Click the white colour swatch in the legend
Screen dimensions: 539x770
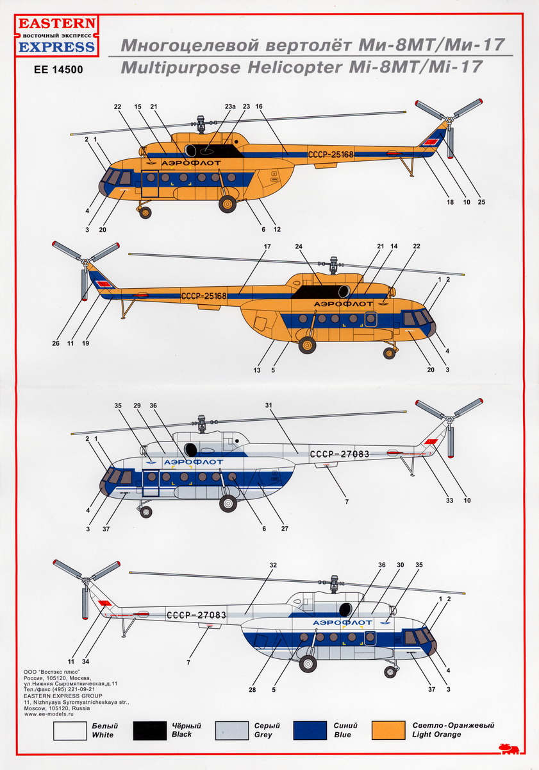click(x=70, y=730)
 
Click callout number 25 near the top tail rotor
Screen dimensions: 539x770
click(x=481, y=203)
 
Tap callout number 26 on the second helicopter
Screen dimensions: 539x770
click(x=54, y=343)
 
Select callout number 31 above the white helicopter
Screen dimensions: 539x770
click(x=269, y=406)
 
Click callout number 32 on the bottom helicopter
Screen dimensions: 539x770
click(x=272, y=565)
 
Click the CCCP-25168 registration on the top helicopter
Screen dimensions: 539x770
click(x=331, y=154)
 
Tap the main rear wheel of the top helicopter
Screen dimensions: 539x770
click(x=228, y=204)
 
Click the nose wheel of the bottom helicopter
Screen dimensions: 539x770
click(x=390, y=671)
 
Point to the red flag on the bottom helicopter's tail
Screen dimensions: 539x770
click(x=105, y=603)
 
